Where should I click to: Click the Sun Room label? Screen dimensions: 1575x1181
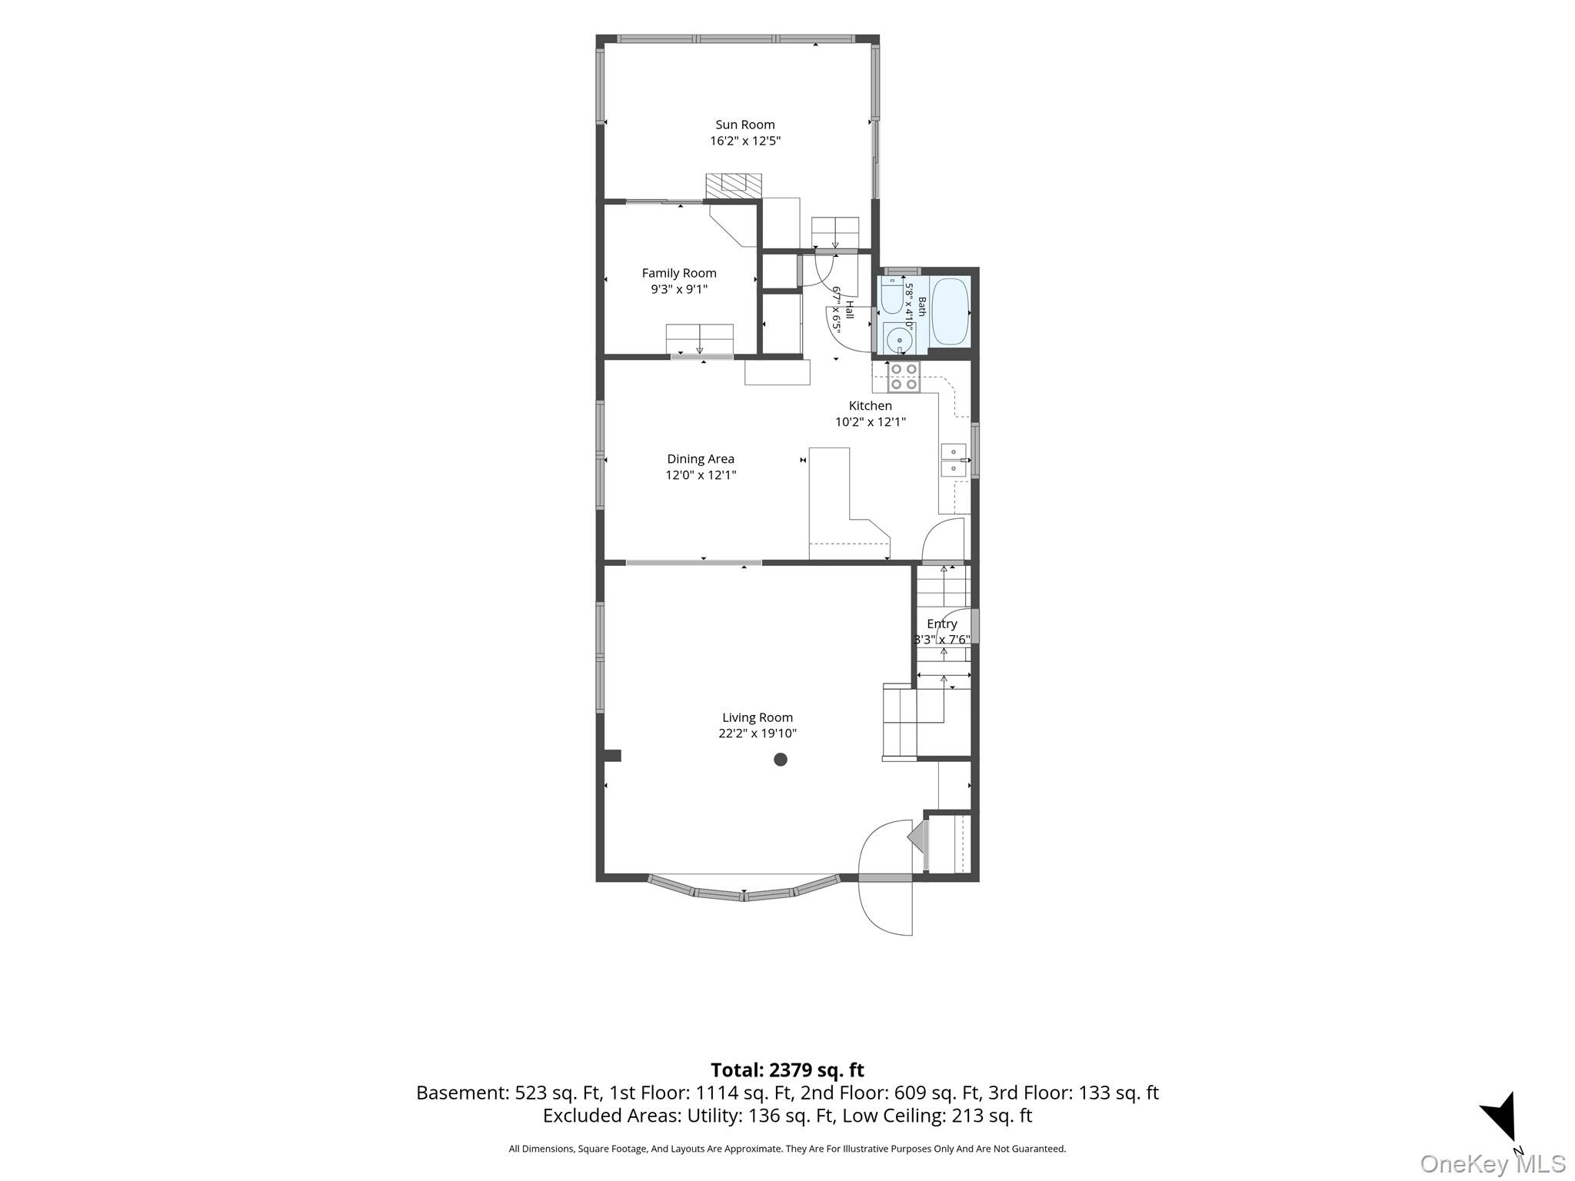pyautogui.click(x=744, y=125)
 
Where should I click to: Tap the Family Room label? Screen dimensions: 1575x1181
pyautogui.click(x=679, y=273)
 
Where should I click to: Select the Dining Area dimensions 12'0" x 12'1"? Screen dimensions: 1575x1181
pyautogui.click(x=701, y=475)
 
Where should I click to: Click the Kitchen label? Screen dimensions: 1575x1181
pyautogui.click(x=870, y=405)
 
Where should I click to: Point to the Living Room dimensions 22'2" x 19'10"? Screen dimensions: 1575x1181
pyautogui.click(x=758, y=734)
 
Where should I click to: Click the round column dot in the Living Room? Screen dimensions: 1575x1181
pyautogui.click(x=781, y=760)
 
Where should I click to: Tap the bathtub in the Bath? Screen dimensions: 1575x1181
pyautogui.click(x=950, y=311)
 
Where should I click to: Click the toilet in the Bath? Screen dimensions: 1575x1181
pyautogui.click(x=892, y=296)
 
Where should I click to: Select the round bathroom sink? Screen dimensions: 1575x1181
pyautogui.click(x=899, y=338)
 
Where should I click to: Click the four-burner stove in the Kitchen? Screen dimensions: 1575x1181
pyautogui.click(x=904, y=376)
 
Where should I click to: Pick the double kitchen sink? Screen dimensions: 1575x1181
pyautogui.click(x=954, y=460)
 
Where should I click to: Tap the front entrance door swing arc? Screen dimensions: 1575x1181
pyautogui.click(x=884, y=877)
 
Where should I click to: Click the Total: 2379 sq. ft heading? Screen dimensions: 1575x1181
pyautogui.click(x=787, y=1070)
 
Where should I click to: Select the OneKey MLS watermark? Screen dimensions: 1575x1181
pyautogui.click(x=1493, y=1163)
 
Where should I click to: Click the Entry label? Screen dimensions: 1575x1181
pyautogui.click(x=941, y=624)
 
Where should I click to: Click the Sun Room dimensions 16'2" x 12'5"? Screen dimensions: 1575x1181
pyautogui.click(x=745, y=141)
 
